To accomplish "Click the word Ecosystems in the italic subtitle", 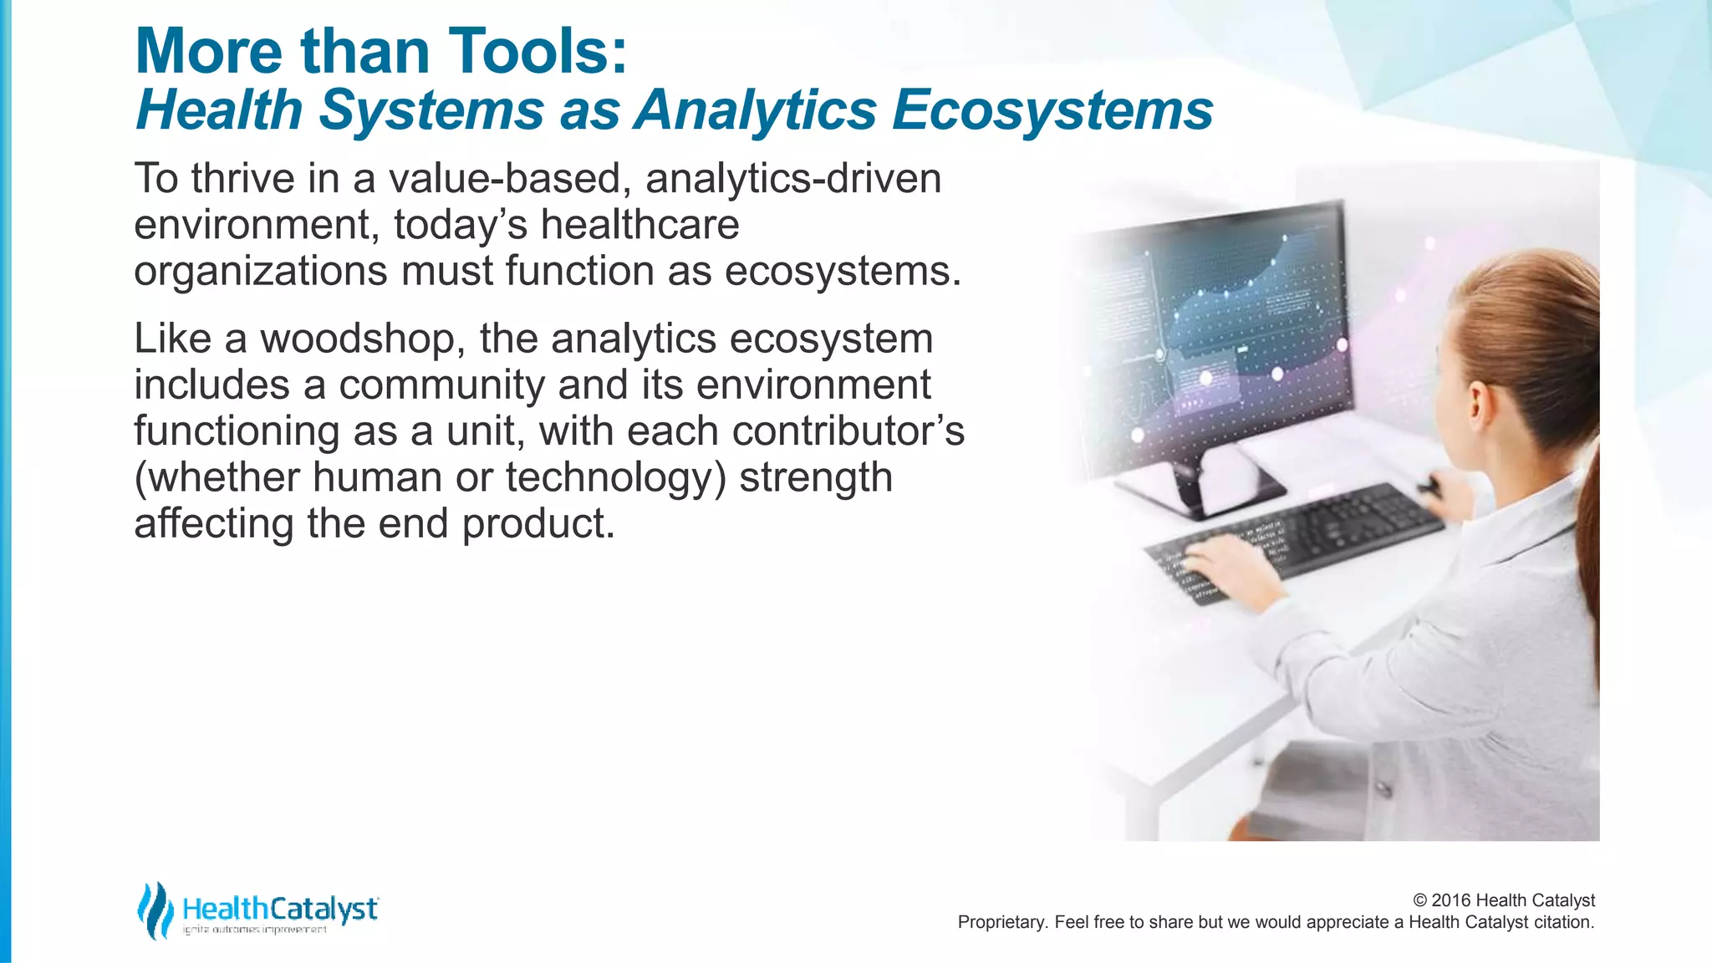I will click(x=1052, y=110).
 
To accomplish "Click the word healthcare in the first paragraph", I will click(x=639, y=225).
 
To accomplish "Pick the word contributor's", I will click(x=848, y=431).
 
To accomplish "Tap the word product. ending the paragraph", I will click(x=538, y=524).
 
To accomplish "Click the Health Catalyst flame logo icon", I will click(x=155, y=910).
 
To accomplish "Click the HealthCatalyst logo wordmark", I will click(x=280, y=909).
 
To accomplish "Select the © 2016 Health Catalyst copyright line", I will click(x=1503, y=900).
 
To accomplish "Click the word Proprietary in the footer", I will click(x=1000, y=922).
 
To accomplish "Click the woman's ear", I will click(x=1478, y=402).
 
